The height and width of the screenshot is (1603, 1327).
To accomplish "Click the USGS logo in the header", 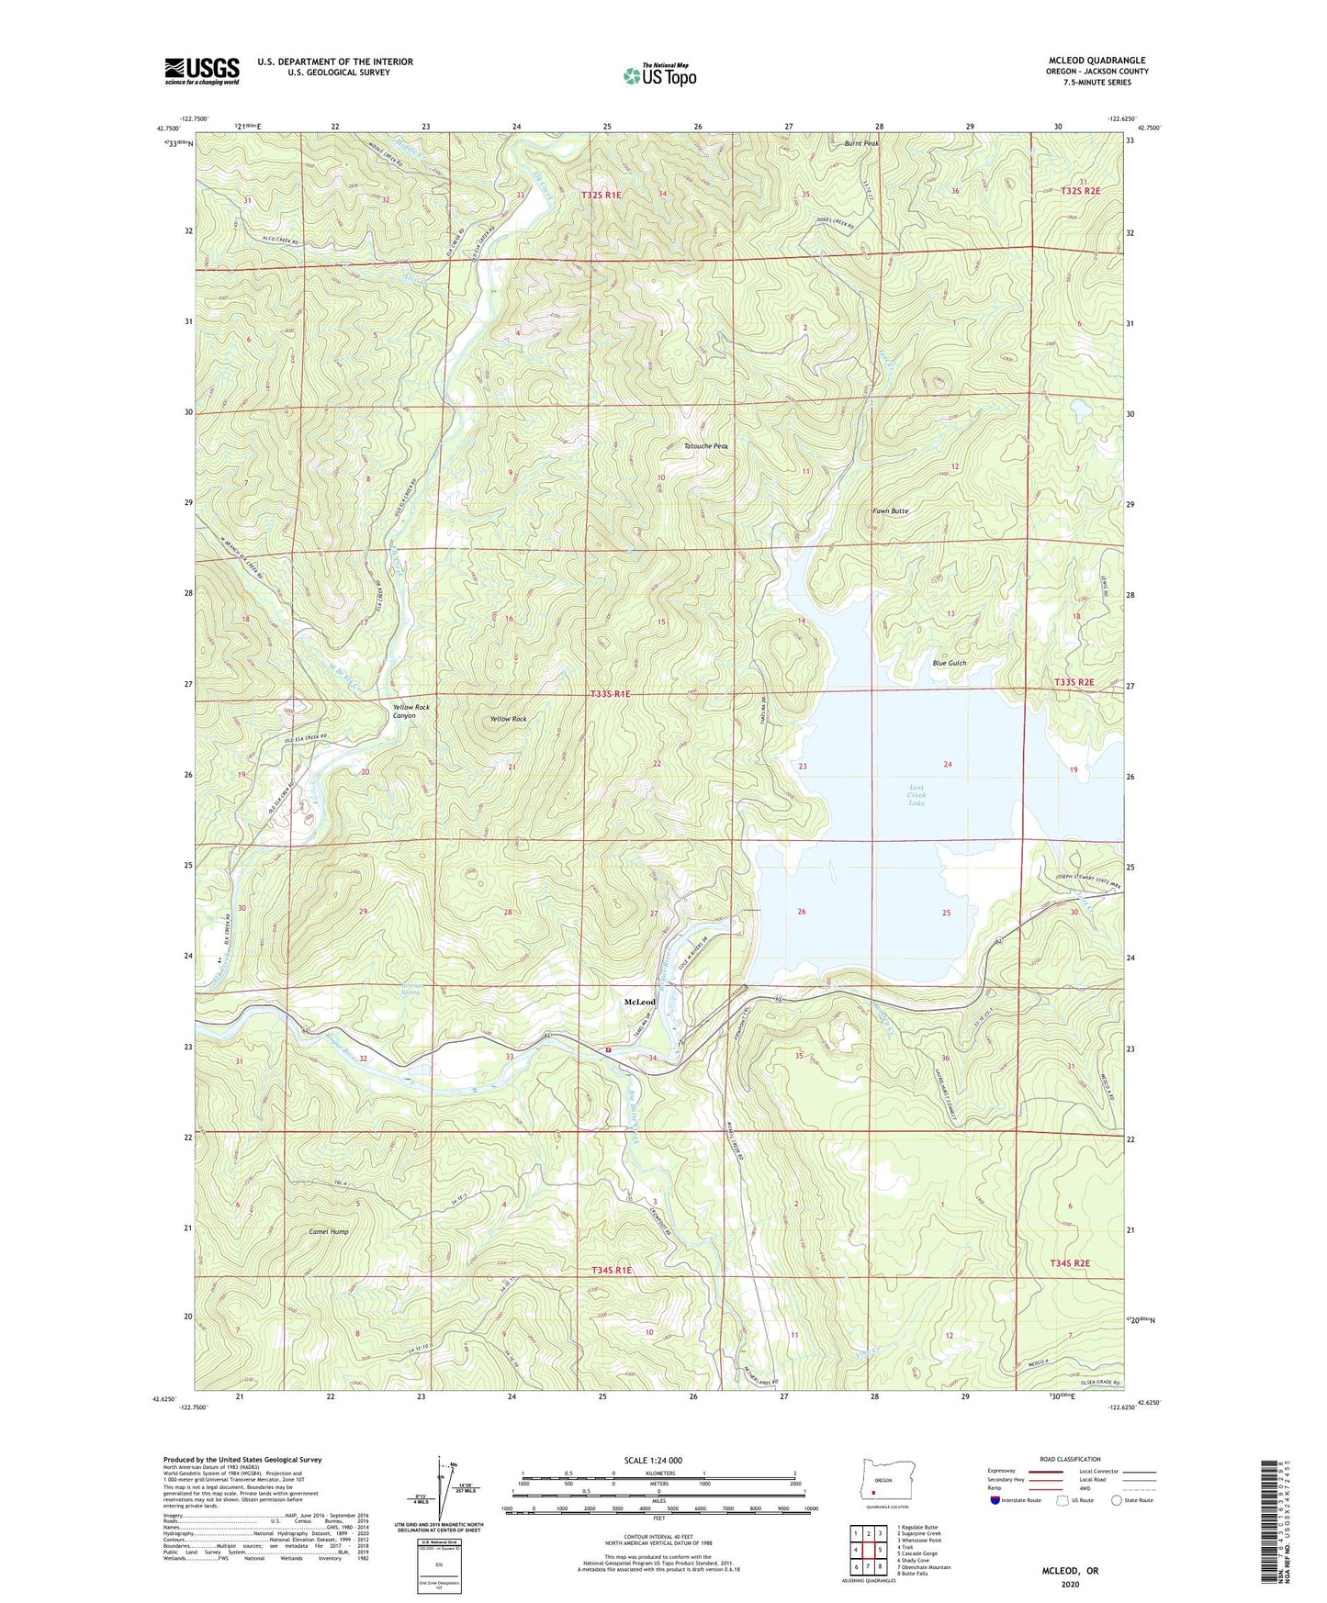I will pos(201,71).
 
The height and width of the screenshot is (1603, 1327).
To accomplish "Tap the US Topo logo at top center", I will pos(659,75).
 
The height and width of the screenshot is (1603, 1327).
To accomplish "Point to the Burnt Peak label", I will pos(862,144).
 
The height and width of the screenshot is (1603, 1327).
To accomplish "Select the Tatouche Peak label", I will pos(705,446).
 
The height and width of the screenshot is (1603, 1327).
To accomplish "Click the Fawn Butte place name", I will pos(890,510).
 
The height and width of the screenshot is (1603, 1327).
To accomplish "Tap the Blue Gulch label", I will pos(949,663).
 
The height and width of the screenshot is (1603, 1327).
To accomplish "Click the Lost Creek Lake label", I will pos(917,795).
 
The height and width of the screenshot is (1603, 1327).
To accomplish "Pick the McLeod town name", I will pos(640,1002).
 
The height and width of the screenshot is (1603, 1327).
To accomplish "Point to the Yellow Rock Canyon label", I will pos(410,712).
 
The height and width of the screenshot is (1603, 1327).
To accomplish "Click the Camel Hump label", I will pos(328,1231).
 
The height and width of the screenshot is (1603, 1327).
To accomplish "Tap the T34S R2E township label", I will pos(1069,1263).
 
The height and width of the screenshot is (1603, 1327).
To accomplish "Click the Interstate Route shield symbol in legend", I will pos(997,1500).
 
